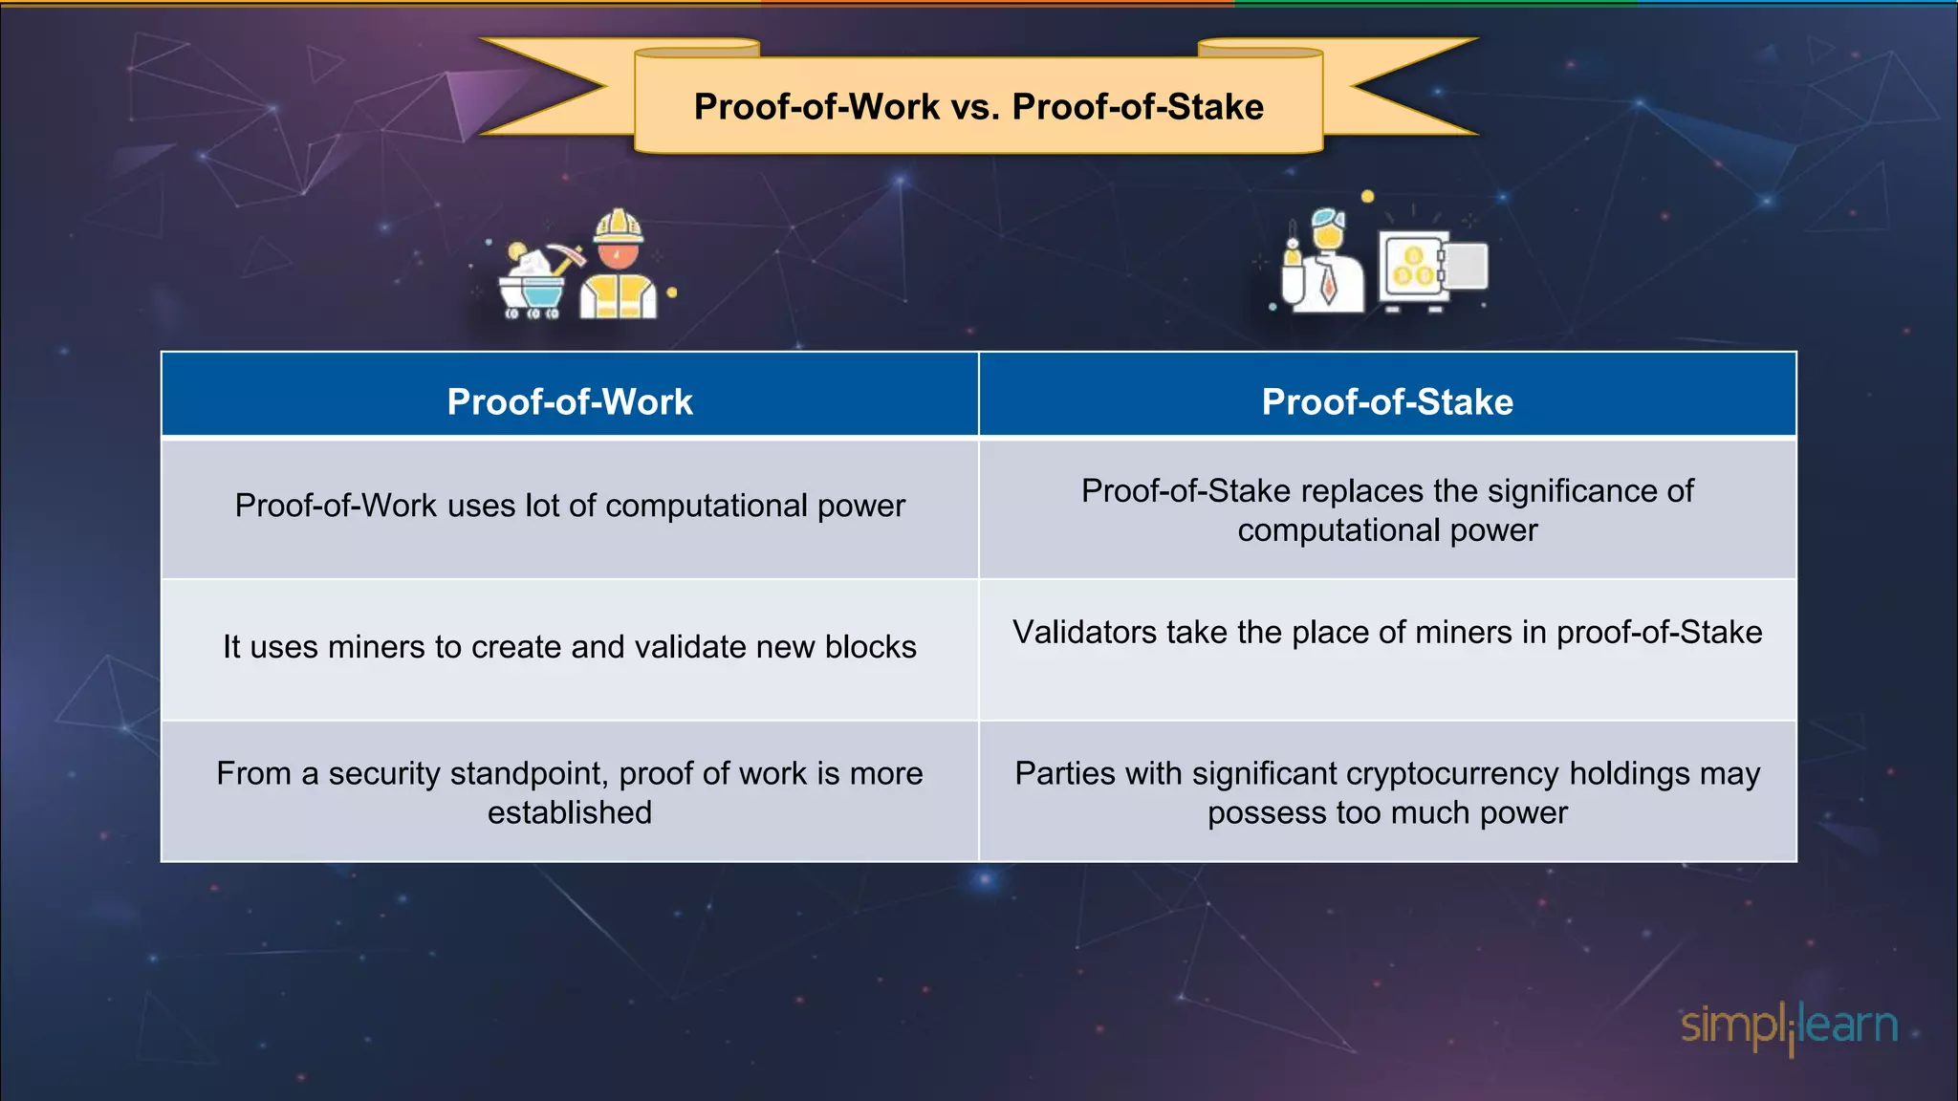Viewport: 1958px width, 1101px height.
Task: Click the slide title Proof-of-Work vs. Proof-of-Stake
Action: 978,107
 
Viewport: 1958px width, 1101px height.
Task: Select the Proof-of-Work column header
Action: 570,402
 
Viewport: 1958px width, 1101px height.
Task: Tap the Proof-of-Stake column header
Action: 1387,402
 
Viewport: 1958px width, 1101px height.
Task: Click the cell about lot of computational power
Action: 570,506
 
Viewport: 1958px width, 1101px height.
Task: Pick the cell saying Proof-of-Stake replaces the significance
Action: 1387,509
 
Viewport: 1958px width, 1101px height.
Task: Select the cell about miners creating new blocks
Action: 570,647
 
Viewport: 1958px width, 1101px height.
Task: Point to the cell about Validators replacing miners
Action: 1387,633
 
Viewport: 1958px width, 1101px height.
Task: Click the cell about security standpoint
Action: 570,792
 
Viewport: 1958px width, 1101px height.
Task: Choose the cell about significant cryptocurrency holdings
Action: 1387,792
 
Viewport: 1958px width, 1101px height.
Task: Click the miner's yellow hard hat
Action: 618,227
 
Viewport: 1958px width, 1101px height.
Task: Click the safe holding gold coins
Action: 1412,270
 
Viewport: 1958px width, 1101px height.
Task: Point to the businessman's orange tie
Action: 1328,282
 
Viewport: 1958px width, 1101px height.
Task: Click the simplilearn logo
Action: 1789,1026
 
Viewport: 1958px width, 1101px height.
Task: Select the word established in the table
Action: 570,812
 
